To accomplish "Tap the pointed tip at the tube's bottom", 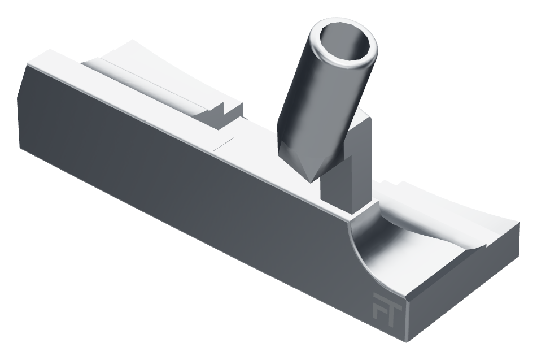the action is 310,181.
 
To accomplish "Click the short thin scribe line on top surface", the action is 223,144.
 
